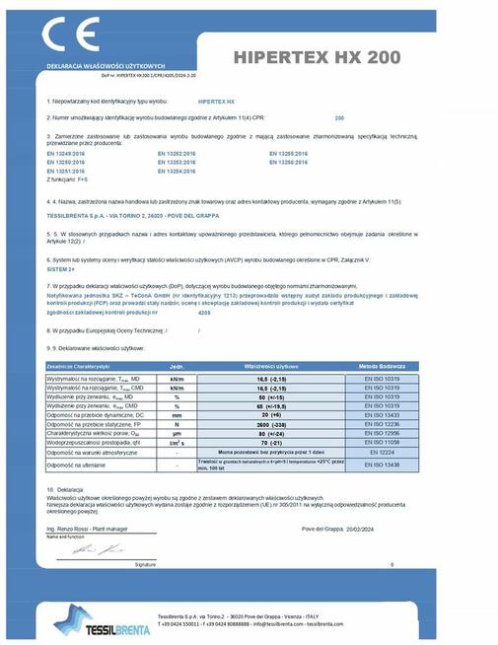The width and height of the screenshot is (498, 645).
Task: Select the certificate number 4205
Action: [x=204, y=312]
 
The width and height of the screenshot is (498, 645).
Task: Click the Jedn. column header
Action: [x=178, y=366]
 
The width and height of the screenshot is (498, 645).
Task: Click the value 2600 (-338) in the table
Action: [x=263, y=424]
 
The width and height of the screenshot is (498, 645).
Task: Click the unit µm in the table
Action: [x=178, y=433]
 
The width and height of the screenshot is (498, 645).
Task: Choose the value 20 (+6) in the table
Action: [x=263, y=415]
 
